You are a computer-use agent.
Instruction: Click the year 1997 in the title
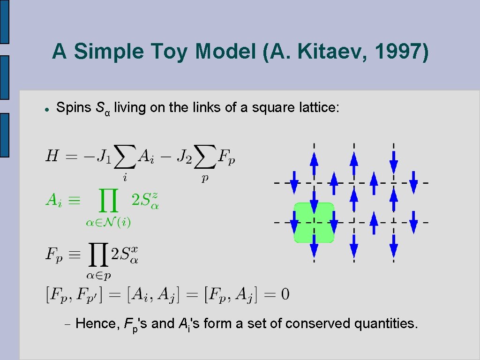click(x=399, y=51)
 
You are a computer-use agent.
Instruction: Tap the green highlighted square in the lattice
click(x=314, y=222)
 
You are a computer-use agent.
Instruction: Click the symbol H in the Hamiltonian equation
click(x=52, y=156)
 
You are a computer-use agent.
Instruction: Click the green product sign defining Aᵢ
click(x=107, y=203)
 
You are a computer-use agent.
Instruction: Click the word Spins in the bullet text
click(x=74, y=108)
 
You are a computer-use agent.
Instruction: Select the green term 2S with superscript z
click(x=145, y=200)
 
